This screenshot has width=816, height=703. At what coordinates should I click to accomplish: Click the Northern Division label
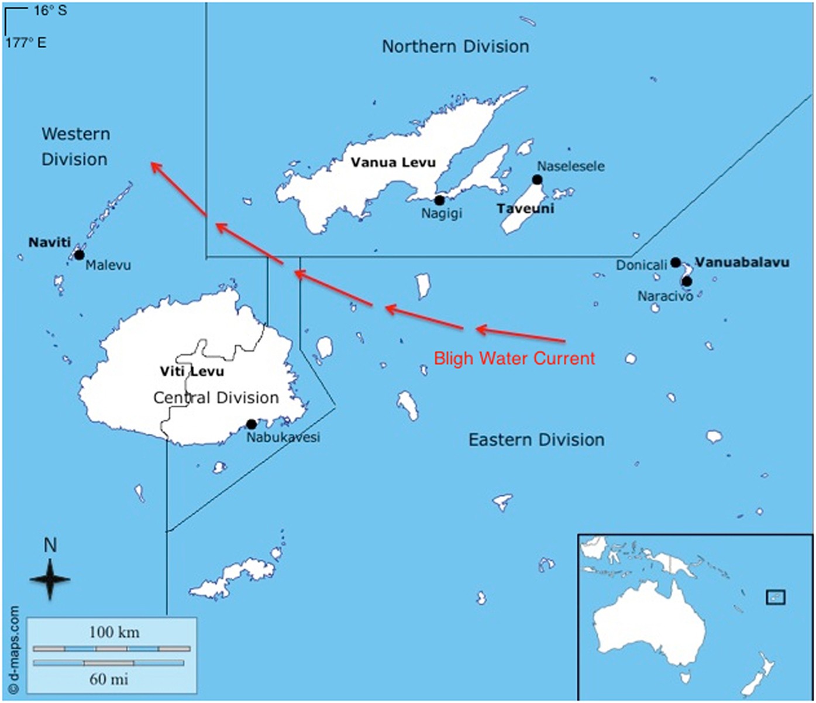[x=455, y=47]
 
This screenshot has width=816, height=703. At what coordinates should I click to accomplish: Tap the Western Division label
[x=75, y=146]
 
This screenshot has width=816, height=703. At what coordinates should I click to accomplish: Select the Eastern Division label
[x=536, y=440]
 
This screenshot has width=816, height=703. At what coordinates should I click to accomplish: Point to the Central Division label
[x=216, y=398]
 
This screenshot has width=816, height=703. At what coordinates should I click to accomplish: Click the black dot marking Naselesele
[x=537, y=180]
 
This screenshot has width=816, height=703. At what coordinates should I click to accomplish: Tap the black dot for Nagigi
[x=439, y=200]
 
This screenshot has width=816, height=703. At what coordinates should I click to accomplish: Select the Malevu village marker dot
[x=79, y=255]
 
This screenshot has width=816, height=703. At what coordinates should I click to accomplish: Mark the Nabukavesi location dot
[x=252, y=424]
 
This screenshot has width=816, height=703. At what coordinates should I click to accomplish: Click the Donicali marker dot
[x=676, y=262]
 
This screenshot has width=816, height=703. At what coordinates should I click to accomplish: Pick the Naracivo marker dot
[x=687, y=282]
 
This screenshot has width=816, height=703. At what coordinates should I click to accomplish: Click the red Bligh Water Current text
[x=514, y=358]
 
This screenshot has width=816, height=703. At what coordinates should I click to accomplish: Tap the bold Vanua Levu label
[x=393, y=162]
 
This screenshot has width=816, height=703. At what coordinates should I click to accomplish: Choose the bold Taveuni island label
[x=525, y=208]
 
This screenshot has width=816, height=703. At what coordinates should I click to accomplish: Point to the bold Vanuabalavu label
[x=742, y=262]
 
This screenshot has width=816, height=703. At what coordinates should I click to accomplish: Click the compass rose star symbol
[x=50, y=579]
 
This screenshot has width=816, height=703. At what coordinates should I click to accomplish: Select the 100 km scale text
[x=114, y=632]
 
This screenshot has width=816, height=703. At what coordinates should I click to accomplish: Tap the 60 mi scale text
[x=108, y=679]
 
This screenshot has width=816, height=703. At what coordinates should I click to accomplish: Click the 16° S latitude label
[x=50, y=11]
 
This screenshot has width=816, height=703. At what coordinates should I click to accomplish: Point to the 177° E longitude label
[x=26, y=43]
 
